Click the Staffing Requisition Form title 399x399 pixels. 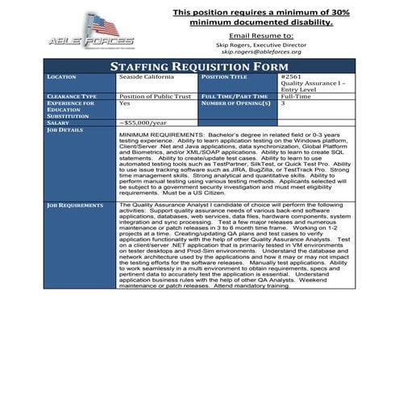(x=199, y=64)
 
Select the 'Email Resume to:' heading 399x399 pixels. (x=261, y=36)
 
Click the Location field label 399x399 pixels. (x=62, y=77)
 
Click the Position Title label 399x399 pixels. (x=228, y=77)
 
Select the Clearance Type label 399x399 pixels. (x=73, y=96)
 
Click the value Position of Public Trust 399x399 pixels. (x=154, y=96)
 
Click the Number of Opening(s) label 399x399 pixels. (x=235, y=103)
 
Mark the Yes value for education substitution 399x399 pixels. (x=124, y=103)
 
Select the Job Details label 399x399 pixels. (x=64, y=128)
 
